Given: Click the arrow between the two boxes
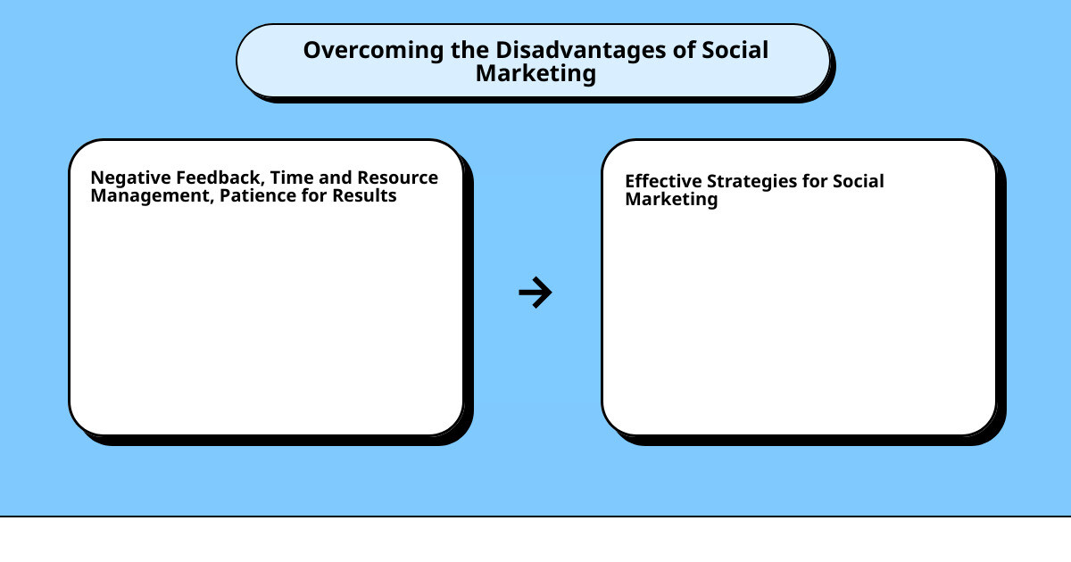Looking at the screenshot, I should click(535, 293).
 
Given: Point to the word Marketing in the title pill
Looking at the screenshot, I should click(535, 73).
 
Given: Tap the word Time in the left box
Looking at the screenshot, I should click(292, 178).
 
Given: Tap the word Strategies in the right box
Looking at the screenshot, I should click(750, 181).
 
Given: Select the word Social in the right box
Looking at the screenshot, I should click(858, 181).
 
